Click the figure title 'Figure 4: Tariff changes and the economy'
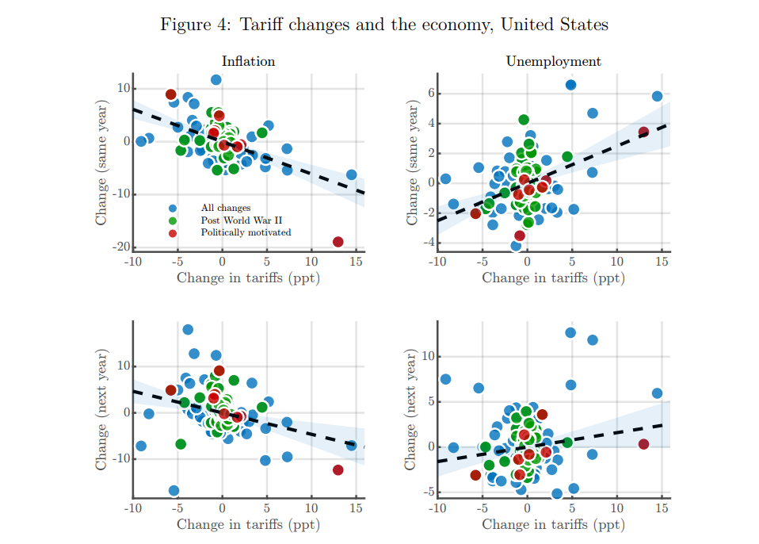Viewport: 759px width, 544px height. click(x=384, y=25)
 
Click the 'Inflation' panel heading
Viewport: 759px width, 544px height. click(x=248, y=61)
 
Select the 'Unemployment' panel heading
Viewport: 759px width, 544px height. click(x=553, y=61)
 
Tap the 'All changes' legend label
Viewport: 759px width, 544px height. click(x=225, y=208)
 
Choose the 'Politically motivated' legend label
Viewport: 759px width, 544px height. click(x=246, y=232)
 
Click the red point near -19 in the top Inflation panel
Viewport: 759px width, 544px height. click(x=338, y=242)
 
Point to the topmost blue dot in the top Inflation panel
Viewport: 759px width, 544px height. click(x=216, y=80)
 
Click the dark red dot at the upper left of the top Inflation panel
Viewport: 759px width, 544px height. click(x=171, y=94)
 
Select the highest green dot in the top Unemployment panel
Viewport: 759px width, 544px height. click(x=524, y=120)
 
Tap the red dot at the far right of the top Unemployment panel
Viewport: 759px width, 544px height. click(x=643, y=132)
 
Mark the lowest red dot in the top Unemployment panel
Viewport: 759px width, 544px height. click(x=520, y=236)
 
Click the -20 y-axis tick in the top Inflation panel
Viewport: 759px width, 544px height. click(x=121, y=247)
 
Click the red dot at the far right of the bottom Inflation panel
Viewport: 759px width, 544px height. click(x=338, y=470)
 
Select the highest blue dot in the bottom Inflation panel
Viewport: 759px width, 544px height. click(x=188, y=330)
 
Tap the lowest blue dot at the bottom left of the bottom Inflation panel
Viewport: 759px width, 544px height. click(x=174, y=491)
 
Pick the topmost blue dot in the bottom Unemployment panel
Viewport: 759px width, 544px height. click(x=570, y=332)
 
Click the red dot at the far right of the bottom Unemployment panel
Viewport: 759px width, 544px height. click(x=643, y=444)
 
